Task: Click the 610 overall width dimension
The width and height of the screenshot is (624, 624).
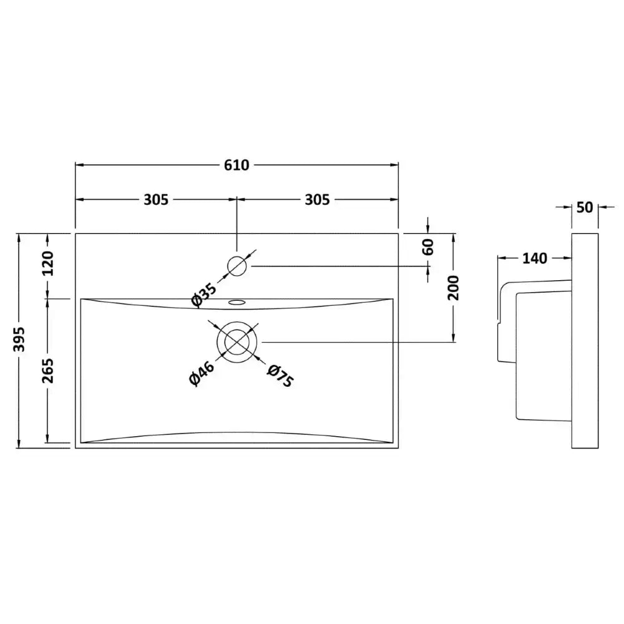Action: point(236,165)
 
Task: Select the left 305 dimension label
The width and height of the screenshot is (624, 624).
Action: point(156,200)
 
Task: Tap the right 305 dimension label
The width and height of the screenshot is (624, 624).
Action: point(317,200)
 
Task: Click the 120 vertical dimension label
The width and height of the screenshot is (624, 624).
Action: point(48,263)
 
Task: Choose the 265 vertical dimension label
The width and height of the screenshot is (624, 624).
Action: point(48,371)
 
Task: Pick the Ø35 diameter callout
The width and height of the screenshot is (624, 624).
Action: point(204,295)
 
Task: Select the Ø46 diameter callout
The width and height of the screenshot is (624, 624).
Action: point(202,374)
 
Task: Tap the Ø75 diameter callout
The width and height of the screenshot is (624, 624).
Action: point(281,375)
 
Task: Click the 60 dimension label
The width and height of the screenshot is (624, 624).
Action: point(428,247)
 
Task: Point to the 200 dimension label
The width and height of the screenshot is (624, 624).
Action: point(453,288)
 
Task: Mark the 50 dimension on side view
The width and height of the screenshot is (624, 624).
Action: point(585,207)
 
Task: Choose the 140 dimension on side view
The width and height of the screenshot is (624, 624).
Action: point(535,258)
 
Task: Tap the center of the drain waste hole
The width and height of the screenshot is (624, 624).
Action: point(236,342)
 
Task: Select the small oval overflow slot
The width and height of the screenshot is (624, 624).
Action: point(236,303)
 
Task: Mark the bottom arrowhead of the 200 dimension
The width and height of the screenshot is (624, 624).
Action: point(453,338)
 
